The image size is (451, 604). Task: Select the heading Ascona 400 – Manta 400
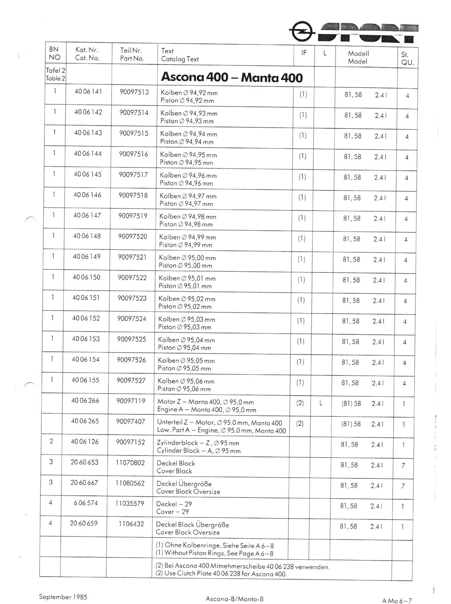click(232, 78)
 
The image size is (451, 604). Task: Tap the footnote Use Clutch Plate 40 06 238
click(221, 573)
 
